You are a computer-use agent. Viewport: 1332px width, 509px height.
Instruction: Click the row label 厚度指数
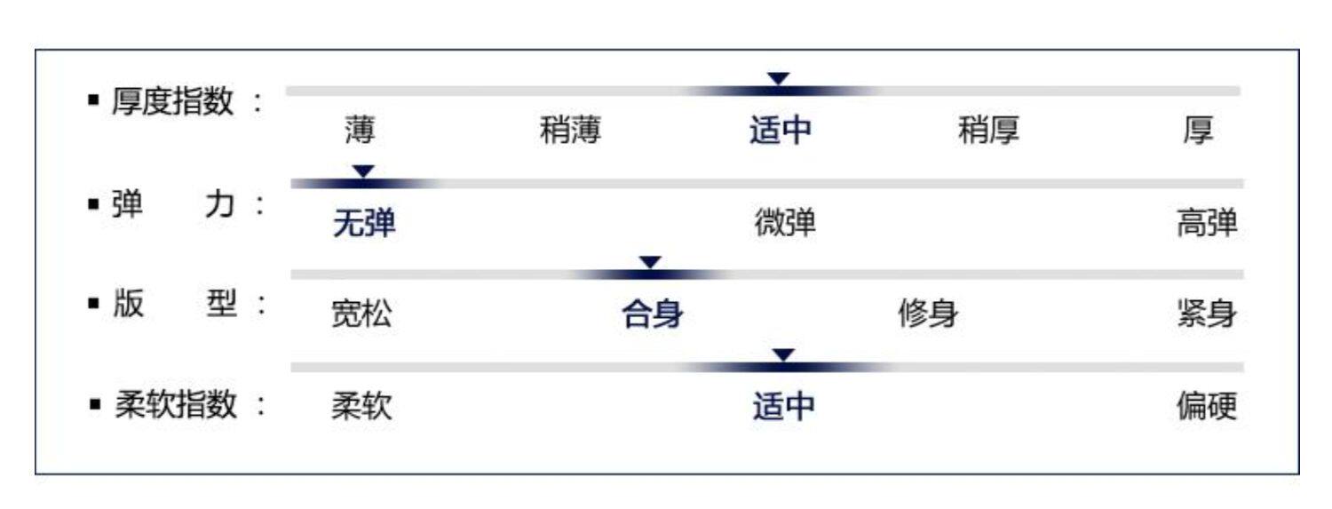tap(172, 101)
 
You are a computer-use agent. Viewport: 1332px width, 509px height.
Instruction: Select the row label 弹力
tap(172, 206)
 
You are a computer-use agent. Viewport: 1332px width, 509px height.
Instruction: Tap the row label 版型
tap(172, 305)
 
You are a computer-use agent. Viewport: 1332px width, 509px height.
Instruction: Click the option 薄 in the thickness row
tap(360, 131)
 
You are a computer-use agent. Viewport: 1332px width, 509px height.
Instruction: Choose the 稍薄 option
tap(570, 131)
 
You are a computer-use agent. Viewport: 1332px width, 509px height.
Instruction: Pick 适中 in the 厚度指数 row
tap(781, 131)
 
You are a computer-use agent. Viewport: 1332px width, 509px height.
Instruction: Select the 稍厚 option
tap(989, 131)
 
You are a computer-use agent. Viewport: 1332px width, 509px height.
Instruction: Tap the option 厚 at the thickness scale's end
tap(1198, 131)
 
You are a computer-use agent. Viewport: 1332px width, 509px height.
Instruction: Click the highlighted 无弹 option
tap(364, 225)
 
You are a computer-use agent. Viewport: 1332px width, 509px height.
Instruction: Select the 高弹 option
tap(1207, 225)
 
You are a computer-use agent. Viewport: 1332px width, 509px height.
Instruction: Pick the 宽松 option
tap(361, 314)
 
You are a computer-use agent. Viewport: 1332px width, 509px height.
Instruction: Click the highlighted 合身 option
tap(653, 314)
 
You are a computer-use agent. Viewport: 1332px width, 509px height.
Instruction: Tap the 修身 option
tap(928, 314)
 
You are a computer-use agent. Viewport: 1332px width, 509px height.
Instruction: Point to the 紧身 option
tap(1207, 314)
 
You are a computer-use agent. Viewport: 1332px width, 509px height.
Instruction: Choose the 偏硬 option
tap(1207, 408)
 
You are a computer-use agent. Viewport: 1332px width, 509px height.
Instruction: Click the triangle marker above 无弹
tap(364, 171)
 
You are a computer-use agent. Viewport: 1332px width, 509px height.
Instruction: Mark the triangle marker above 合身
tap(651, 262)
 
